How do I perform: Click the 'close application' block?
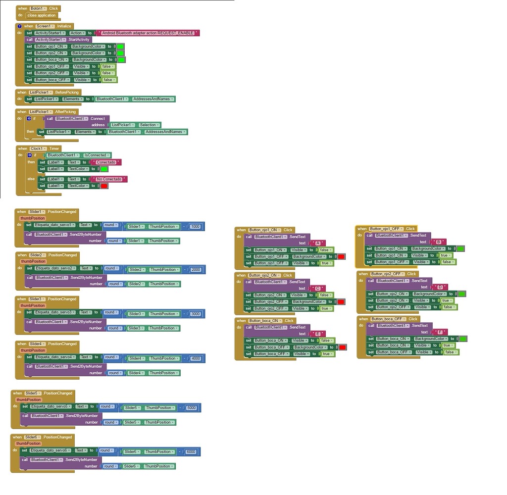coord(42,15)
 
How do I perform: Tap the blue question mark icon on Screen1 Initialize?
coord(19,26)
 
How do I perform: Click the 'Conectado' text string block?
coord(106,162)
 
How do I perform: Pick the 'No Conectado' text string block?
coord(109,179)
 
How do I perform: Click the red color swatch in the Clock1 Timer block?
coord(104,186)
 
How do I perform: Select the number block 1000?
coord(195,226)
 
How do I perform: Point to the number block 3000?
coord(195,314)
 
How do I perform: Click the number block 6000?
coord(191,451)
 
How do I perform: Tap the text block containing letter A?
coord(317,243)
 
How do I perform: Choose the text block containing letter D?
coord(439,287)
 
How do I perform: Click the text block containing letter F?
coord(440,332)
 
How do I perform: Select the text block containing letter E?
coord(318,334)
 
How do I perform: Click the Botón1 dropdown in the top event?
coord(38,8)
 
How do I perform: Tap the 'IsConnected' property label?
coord(98,155)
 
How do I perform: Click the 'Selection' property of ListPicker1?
coord(148,125)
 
